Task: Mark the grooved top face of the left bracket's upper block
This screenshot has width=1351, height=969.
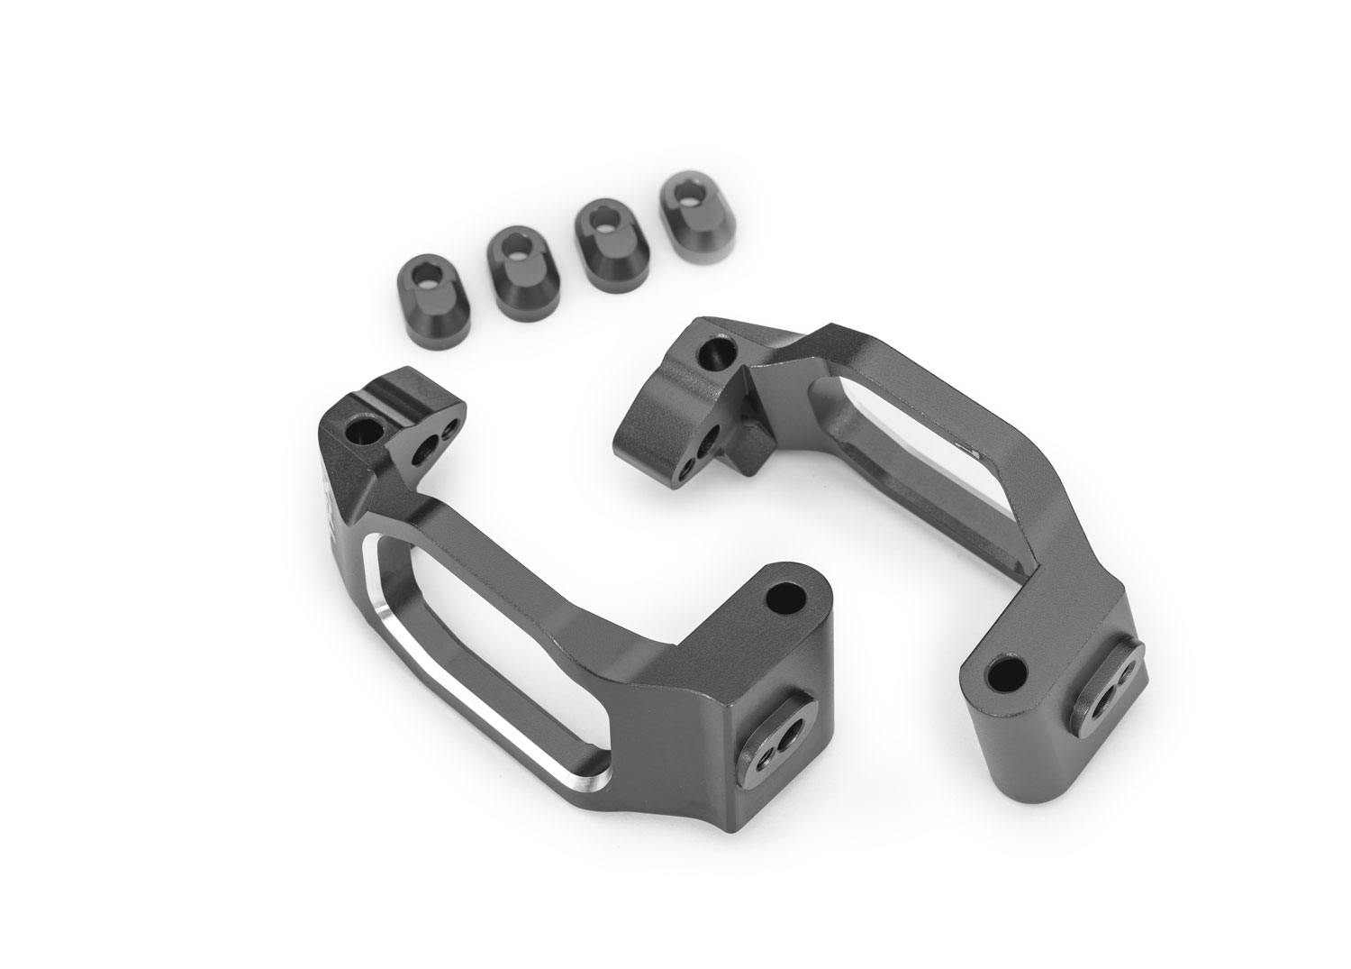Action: [417, 398]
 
